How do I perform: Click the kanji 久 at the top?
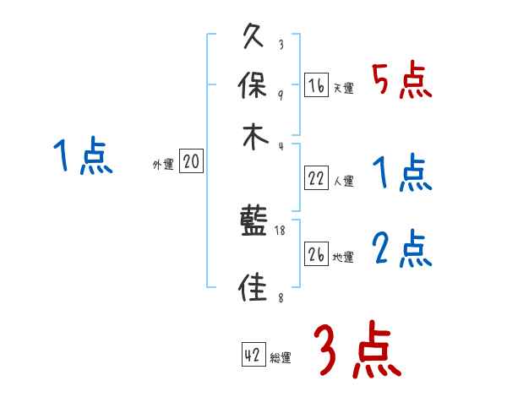254,38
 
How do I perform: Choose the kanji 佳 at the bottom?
254,288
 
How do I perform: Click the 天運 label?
343,89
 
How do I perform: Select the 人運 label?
343,181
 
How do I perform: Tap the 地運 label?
343,258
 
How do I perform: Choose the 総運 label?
281,358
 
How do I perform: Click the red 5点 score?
401,81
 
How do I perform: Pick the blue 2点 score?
401,249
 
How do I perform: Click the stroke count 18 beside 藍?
281,231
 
